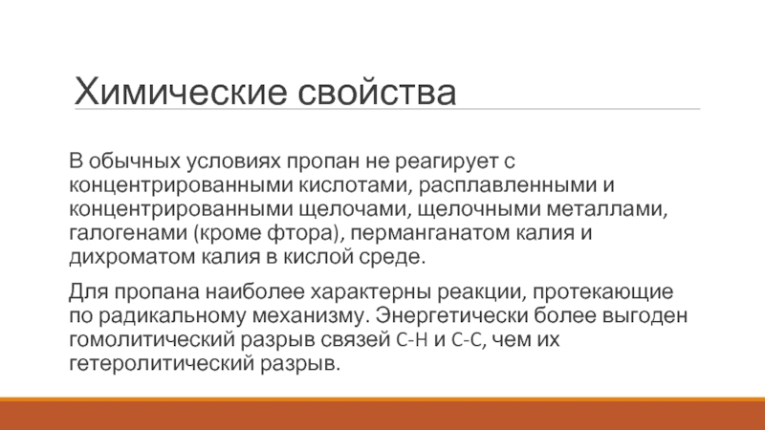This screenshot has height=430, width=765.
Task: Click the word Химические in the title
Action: [x=180, y=91]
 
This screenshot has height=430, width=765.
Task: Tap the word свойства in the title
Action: [x=377, y=91]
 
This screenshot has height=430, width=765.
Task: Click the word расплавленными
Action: [x=508, y=185]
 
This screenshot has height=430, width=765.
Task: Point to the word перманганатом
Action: [x=431, y=233]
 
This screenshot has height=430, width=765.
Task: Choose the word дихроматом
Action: [x=133, y=256]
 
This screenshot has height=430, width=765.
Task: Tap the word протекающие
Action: [x=603, y=292]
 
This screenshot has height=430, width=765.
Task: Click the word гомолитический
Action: [x=152, y=340]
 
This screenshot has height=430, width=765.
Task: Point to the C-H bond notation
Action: [x=412, y=340]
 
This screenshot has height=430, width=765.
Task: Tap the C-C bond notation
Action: [x=468, y=340]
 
